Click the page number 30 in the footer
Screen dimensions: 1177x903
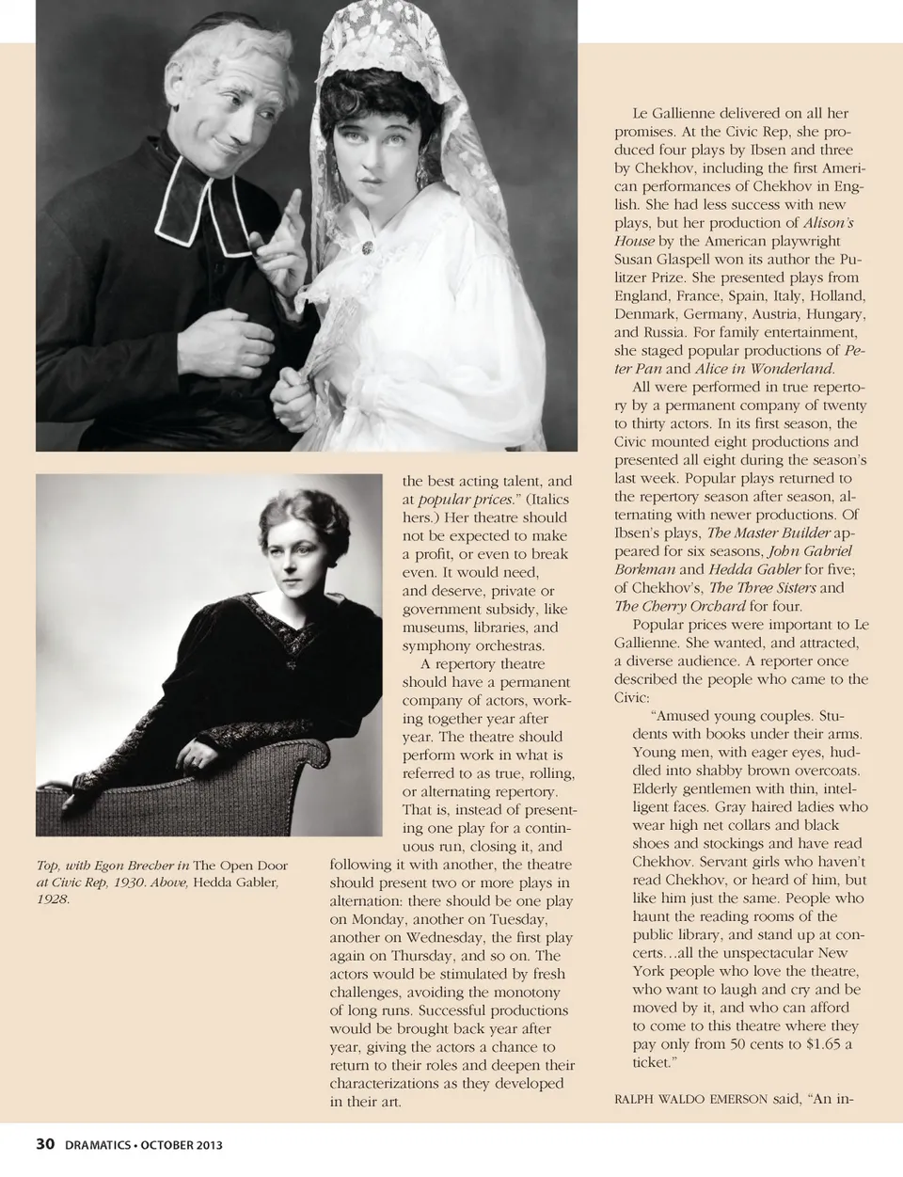[x=45, y=1144]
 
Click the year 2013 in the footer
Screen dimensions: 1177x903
[x=209, y=1145]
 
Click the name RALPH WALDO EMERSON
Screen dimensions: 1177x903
[x=677, y=1098]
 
